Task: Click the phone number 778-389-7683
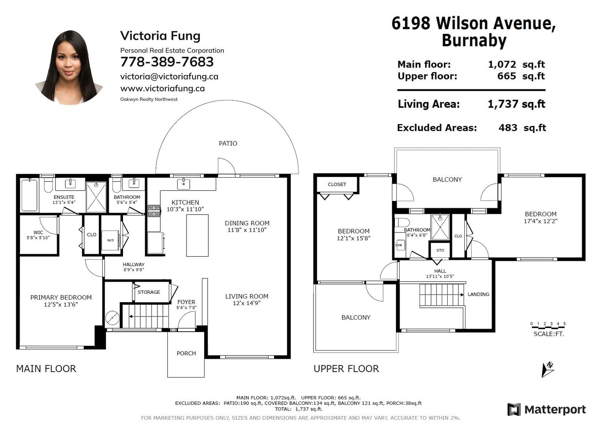167,62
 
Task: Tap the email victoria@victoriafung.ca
169,76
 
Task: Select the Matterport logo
546,410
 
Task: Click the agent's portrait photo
69,68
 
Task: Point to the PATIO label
228,143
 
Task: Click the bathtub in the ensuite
29,195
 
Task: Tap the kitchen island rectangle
197,235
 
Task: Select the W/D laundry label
110,240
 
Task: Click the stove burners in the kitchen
154,211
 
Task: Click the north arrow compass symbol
548,369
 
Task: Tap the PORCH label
186,353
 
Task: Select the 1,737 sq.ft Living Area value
516,104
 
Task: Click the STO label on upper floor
440,250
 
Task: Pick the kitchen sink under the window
184,184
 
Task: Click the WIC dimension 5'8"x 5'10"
38,238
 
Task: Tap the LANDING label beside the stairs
478,294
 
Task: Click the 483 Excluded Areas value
508,128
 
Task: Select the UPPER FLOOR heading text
346,369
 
